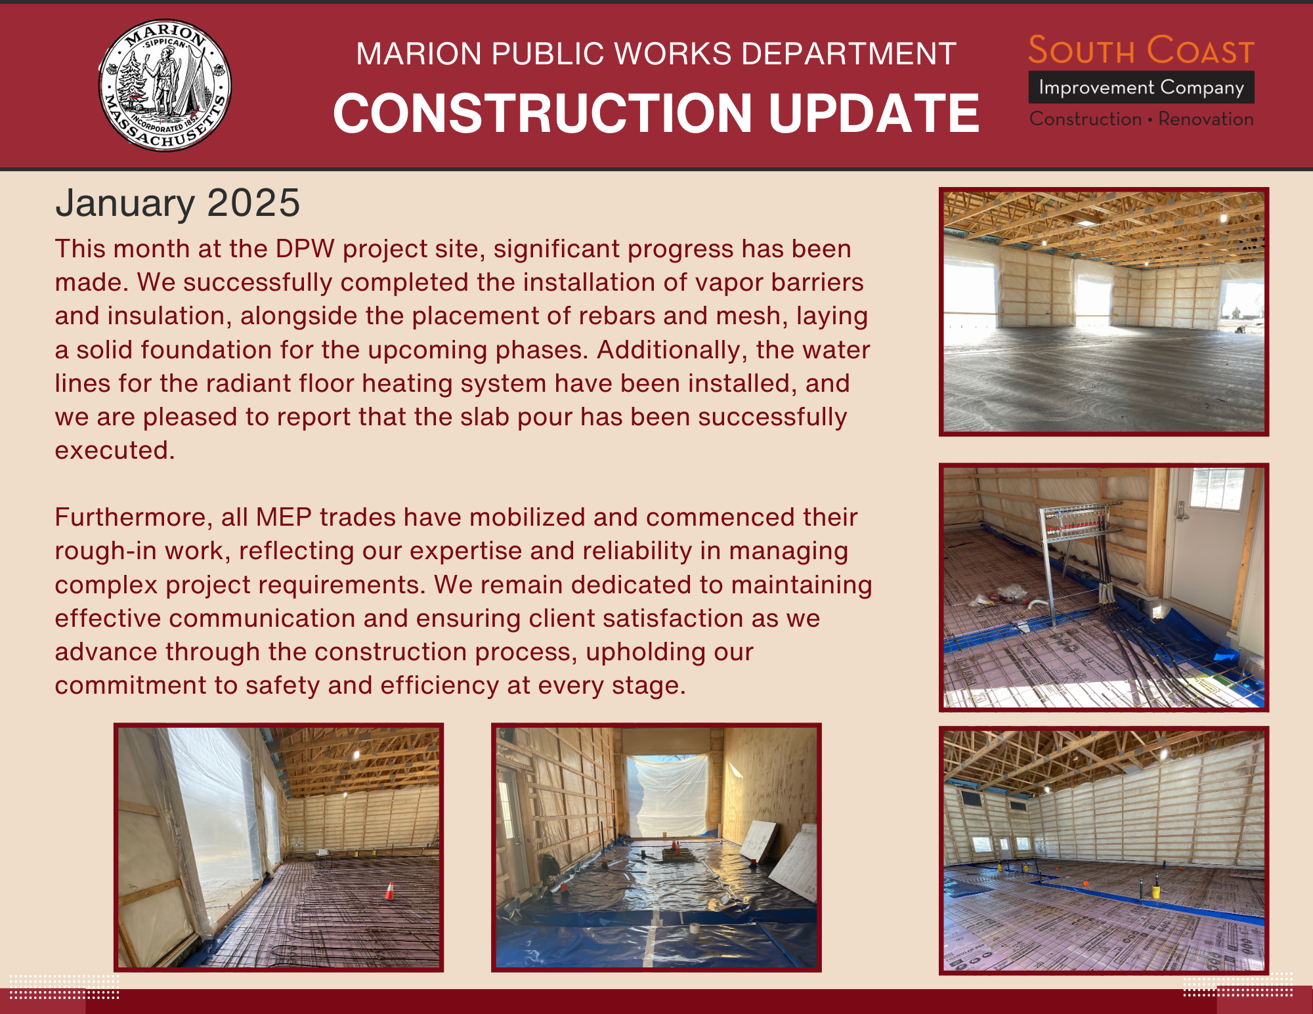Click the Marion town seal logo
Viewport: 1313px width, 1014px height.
(x=165, y=85)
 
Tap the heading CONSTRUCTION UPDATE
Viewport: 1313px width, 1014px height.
(x=656, y=113)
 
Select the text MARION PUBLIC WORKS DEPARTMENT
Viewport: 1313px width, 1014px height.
(x=656, y=54)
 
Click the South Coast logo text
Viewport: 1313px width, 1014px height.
(x=1141, y=51)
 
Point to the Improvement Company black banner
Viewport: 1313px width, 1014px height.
(x=1141, y=87)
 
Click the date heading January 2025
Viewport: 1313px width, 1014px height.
(x=177, y=203)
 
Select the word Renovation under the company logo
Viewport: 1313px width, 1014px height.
(x=1206, y=119)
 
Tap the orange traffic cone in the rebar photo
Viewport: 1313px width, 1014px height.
(x=389, y=891)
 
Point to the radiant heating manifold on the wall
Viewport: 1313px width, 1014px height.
(x=1077, y=522)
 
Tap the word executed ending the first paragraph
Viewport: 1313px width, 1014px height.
(x=114, y=450)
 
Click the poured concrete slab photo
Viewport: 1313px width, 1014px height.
(x=1104, y=312)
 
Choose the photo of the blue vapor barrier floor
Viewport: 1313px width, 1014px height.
(x=656, y=847)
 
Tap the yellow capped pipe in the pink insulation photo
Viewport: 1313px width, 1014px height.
(x=1155, y=892)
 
